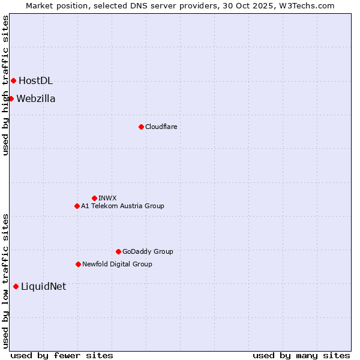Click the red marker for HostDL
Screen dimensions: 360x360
click(x=13, y=80)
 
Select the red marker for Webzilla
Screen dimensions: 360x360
click(x=11, y=98)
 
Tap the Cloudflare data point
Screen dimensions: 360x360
click(x=141, y=127)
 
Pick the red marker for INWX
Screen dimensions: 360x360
click(x=94, y=198)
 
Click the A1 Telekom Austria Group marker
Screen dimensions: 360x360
click(x=77, y=206)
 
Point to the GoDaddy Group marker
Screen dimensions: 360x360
click(x=118, y=251)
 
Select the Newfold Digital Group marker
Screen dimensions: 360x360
click(x=78, y=264)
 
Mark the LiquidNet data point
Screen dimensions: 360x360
click(x=16, y=286)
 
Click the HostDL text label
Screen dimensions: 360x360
click(x=35, y=81)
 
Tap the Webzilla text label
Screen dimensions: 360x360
click(x=36, y=99)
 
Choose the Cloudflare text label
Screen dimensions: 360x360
click(x=161, y=127)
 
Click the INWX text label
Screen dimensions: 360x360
click(x=107, y=198)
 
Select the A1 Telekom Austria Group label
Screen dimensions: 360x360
click(x=122, y=206)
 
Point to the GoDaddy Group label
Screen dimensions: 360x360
click(x=148, y=252)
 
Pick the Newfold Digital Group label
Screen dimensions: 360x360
click(x=117, y=265)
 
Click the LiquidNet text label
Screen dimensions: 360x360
click(x=43, y=287)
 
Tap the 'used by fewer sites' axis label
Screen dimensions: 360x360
click(x=62, y=356)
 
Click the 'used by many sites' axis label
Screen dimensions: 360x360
click(x=301, y=356)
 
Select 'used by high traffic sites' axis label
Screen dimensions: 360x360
click(x=5, y=85)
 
